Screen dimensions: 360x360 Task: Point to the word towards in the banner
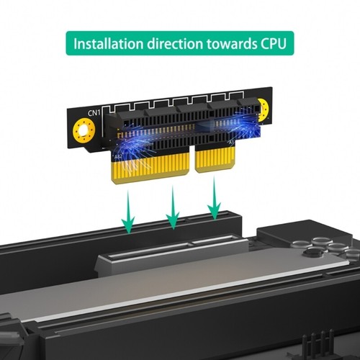230,43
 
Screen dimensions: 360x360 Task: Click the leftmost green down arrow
128,210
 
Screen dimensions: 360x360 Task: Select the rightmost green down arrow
215,202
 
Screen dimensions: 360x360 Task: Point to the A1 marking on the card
231,143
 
